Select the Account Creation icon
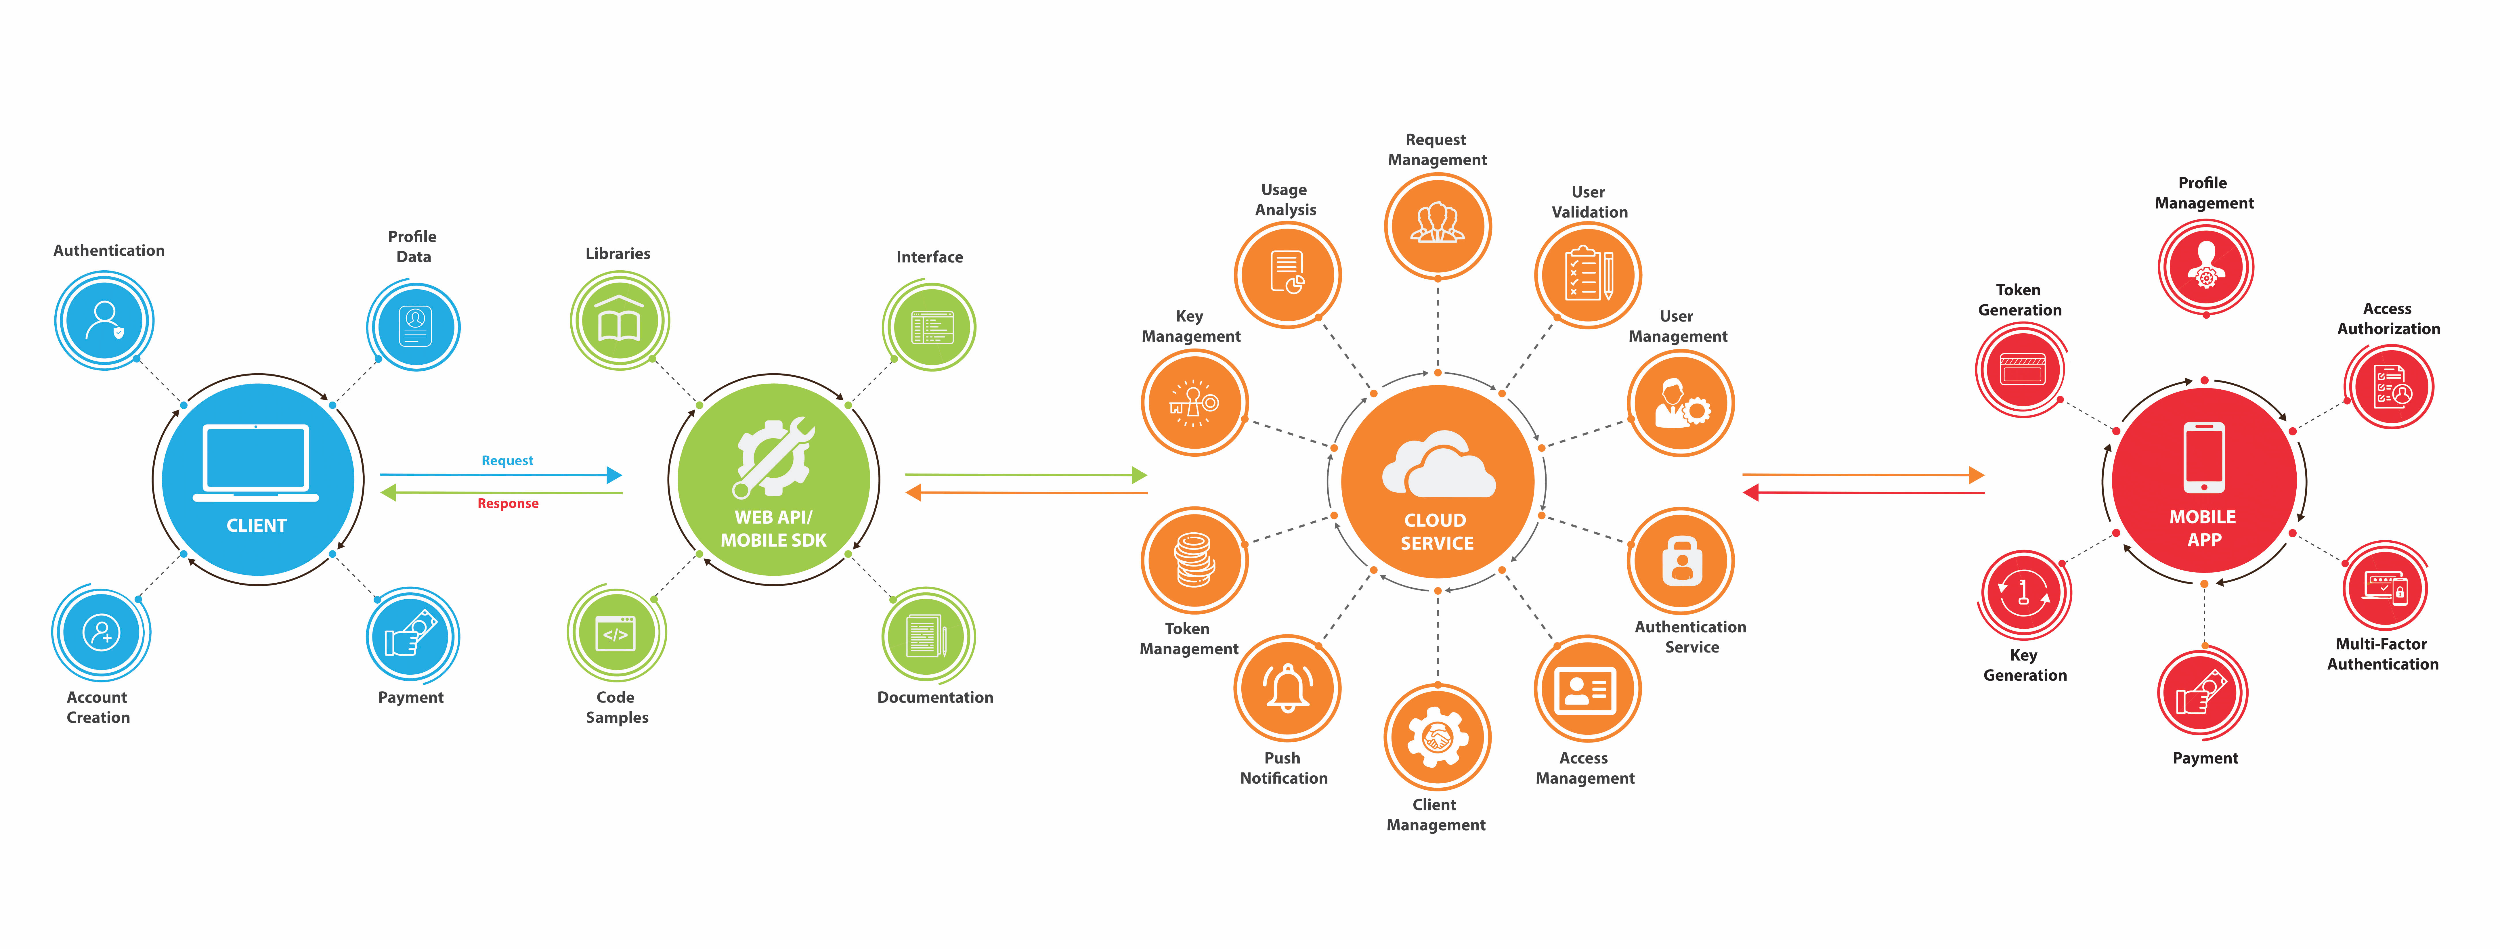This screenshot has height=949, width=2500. [101, 633]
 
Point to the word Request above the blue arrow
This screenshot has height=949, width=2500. [507, 461]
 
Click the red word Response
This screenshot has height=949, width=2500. [508, 504]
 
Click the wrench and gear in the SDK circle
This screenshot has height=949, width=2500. [773, 456]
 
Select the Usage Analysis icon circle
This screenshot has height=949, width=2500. [1287, 275]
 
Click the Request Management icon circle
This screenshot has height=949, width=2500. [1437, 225]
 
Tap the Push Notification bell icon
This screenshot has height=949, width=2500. [1287, 688]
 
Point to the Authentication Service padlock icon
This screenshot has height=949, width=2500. [1682, 561]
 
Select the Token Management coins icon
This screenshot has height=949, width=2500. [1194, 560]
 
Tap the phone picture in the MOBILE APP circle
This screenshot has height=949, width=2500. [2204, 456]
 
